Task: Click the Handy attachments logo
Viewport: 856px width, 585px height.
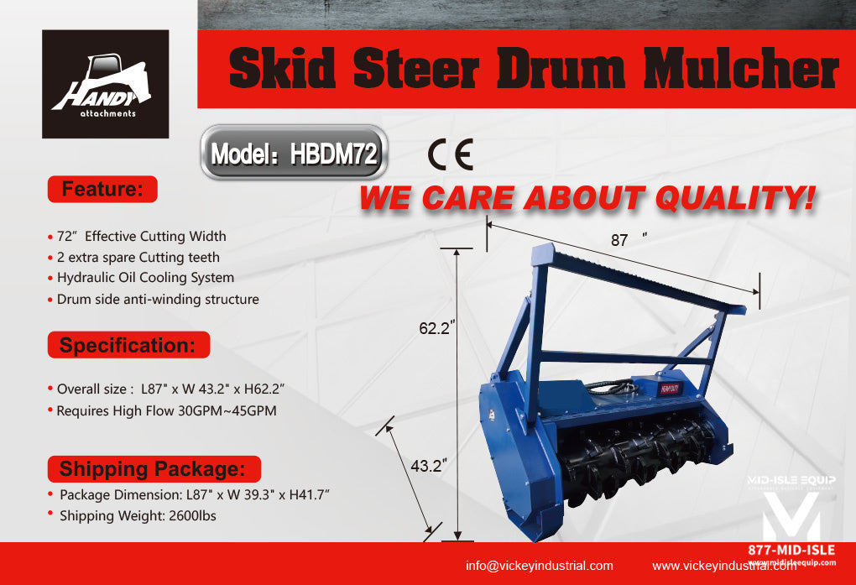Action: click(x=105, y=84)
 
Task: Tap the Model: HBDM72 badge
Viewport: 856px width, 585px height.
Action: click(x=294, y=153)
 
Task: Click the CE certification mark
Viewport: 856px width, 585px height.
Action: click(x=450, y=154)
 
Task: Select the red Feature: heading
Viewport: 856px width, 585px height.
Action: click(x=102, y=189)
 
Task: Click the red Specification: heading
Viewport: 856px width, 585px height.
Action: click(x=128, y=345)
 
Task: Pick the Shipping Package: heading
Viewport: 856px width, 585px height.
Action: click(x=153, y=468)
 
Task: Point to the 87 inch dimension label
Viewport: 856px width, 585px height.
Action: click(x=621, y=240)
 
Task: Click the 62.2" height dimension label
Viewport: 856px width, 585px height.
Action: click(x=437, y=330)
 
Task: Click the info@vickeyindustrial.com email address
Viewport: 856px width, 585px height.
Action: click(x=540, y=565)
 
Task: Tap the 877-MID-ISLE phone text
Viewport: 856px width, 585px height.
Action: click(x=791, y=550)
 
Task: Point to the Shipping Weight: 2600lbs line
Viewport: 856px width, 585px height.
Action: click(x=137, y=515)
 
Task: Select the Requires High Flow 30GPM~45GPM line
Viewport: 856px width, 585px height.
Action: click(x=166, y=411)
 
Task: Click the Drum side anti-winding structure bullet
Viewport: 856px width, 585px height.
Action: click(x=158, y=299)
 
